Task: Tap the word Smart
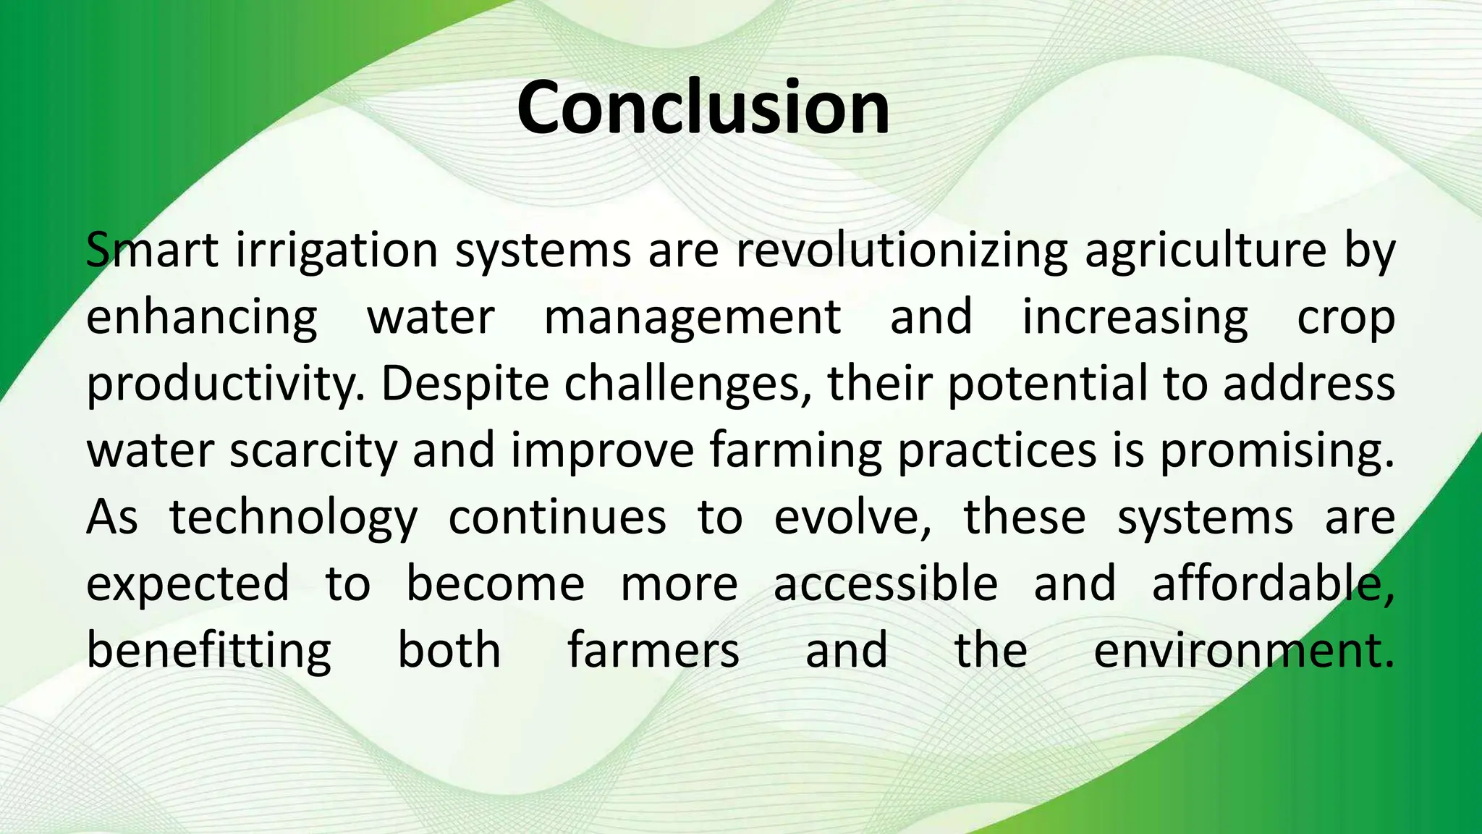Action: pos(152,250)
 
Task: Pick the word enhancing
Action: pos(202,318)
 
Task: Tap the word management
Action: pos(693,318)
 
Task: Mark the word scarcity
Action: pos(314,451)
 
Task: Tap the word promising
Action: pos(1277,451)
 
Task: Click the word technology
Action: pos(293,518)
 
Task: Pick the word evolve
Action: pos(852,518)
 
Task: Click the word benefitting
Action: pos(209,651)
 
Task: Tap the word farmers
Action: pos(653,649)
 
